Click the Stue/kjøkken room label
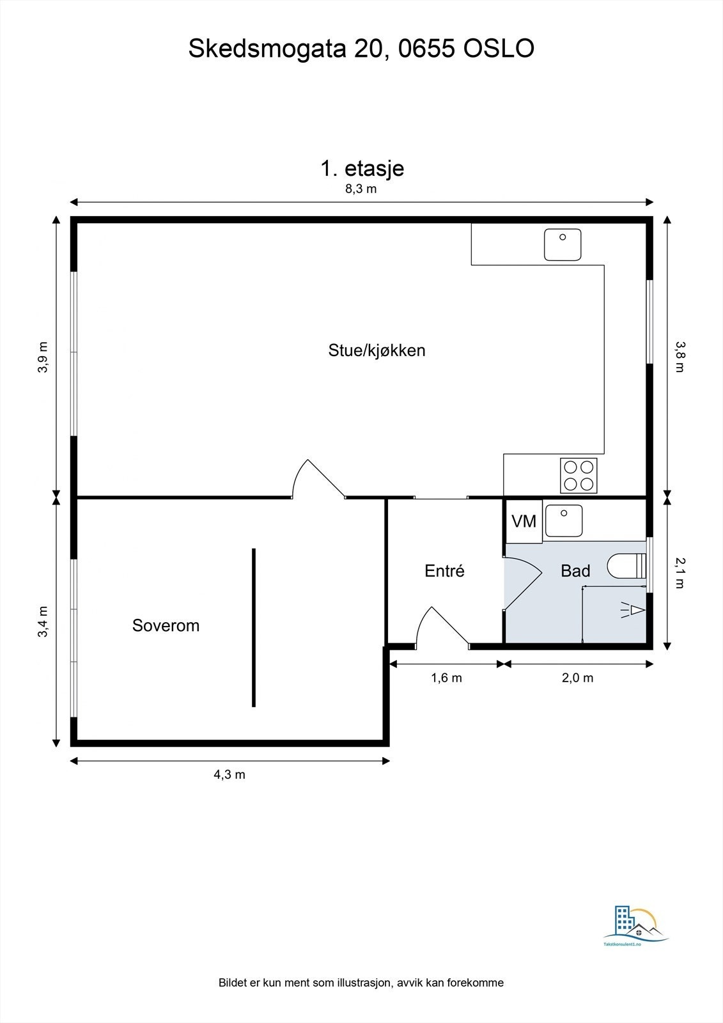[x=377, y=350]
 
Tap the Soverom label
[x=166, y=625]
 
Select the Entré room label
[x=444, y=571]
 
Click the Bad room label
[x=575, y=571]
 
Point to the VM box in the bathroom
[x=524, y=521]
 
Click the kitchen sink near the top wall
[x=563, y=245]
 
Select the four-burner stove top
[x=579, y=476]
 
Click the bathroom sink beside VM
[x=563, y=521]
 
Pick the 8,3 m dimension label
[x=361, y=189]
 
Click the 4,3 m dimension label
[x=229, y=775]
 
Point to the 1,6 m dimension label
[x=446, y=678]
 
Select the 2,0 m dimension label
[x=577, y=678]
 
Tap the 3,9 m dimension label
[x=43, y=357]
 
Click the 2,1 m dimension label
[x=680, y=572]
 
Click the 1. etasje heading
[x=362, y=168]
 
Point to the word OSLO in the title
[x=498, y=49]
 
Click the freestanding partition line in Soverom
[x=254, y=627]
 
